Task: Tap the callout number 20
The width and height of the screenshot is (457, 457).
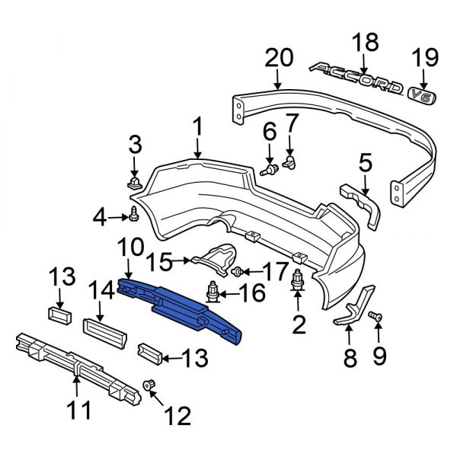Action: tap(278, 58)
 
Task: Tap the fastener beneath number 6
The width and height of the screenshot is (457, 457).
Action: tap(269, 170)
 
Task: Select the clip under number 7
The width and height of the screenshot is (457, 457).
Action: tap(289, 161)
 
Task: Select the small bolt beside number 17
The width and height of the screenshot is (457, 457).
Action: tap(238, 271)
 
